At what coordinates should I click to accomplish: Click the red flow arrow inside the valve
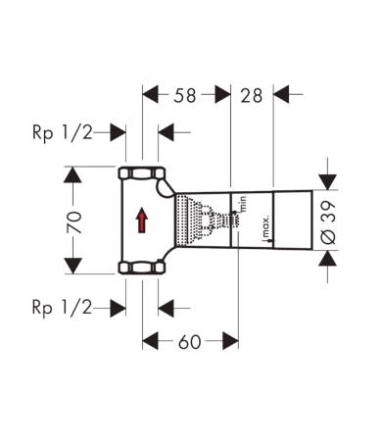click(142, 220)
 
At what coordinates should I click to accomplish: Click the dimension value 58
click(185, 96)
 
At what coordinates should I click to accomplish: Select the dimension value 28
click(252, 96)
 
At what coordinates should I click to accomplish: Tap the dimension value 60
click(189, 342)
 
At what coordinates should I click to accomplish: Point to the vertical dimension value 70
click(74, 222)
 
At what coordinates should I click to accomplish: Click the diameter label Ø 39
click(328, 222)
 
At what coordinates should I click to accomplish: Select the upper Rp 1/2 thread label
click(63, 133)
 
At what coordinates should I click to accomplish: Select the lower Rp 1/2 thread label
click(63, 308)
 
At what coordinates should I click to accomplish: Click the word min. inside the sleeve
click(243, 203)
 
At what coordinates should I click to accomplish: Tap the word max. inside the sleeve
click(265, 226)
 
